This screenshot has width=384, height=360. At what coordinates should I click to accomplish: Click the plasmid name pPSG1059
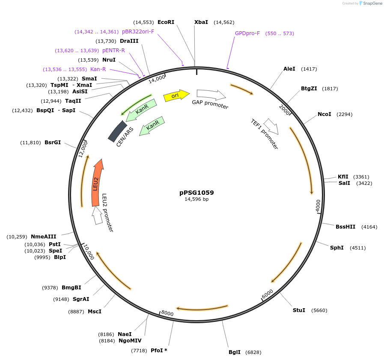[196, 193]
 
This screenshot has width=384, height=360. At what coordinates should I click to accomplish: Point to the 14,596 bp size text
[196, 199]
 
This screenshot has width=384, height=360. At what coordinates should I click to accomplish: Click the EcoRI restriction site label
[166, 22]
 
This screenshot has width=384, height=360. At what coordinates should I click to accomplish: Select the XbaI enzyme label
[201, 22]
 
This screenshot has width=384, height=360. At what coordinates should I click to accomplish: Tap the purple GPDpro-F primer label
[247, 33]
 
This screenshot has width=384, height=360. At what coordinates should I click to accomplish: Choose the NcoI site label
[324, 114]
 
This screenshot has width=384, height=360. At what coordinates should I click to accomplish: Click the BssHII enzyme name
[345, 227]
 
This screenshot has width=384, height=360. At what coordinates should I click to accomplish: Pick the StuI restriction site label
[299, 310]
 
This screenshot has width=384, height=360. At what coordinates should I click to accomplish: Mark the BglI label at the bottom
[235, 352]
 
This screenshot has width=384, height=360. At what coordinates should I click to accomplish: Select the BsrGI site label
[53, 143]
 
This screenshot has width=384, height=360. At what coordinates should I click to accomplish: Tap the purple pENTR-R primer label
[113, 51]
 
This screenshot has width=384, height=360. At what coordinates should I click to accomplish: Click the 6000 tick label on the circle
[267, 294]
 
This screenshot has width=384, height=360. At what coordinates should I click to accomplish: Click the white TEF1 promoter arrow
[271, 125]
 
